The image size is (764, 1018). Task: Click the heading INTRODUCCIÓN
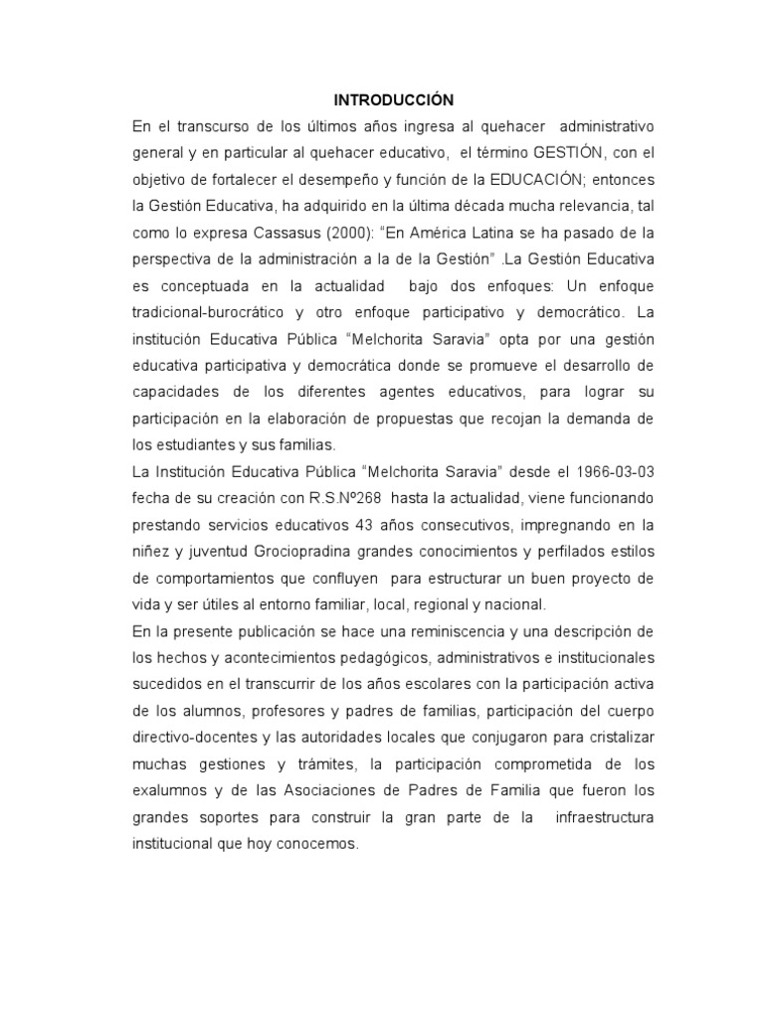pos(393,99)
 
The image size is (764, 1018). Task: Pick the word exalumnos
pos(170,791)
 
